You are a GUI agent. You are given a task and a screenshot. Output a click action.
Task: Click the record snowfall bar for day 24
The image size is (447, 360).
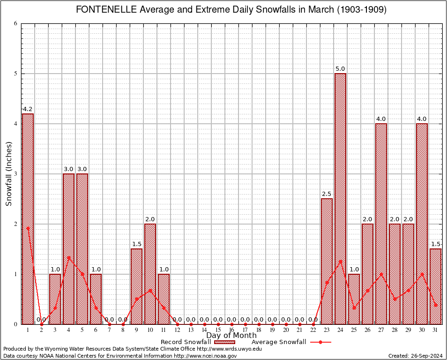click(x=340, y=198)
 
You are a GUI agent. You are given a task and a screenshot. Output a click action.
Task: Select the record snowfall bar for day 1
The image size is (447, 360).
click(x=28, y=218)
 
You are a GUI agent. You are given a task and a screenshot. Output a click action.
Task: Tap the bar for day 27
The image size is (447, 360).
click(x=381, y=224)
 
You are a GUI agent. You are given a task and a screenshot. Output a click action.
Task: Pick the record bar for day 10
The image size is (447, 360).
click(x=150, y=274)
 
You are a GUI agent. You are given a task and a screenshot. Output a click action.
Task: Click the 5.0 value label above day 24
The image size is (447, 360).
click(x=340, y=69)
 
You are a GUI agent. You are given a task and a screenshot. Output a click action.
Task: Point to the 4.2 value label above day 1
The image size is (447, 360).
click(x=28, y=109)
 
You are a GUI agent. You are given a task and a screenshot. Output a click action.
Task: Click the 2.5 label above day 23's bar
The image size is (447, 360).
click(x=327, y=194)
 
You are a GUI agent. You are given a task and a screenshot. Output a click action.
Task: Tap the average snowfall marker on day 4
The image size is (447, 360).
click(x=68, y=257)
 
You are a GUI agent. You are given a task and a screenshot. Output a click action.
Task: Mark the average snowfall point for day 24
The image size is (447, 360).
click(x=340, y=261)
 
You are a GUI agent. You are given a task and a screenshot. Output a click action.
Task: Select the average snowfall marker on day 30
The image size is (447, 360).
click(x=422, y=274)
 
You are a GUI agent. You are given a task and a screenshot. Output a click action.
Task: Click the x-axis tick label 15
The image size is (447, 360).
click(x=218, y=330)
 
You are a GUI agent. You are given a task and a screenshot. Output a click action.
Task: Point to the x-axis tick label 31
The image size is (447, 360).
click(x=435, y=330)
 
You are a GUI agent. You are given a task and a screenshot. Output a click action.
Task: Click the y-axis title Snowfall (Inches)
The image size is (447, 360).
click(x=9, y=174)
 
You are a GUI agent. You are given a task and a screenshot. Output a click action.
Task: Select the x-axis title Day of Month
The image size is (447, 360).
click(x=231, y=336)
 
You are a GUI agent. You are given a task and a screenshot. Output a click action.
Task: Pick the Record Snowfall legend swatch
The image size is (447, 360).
click(x=224, y=342)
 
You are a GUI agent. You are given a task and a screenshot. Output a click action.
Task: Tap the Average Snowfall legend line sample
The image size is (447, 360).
click(x=320, y=342)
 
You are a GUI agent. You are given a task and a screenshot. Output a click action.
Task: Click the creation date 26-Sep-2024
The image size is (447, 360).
click(x=426, y=356)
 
